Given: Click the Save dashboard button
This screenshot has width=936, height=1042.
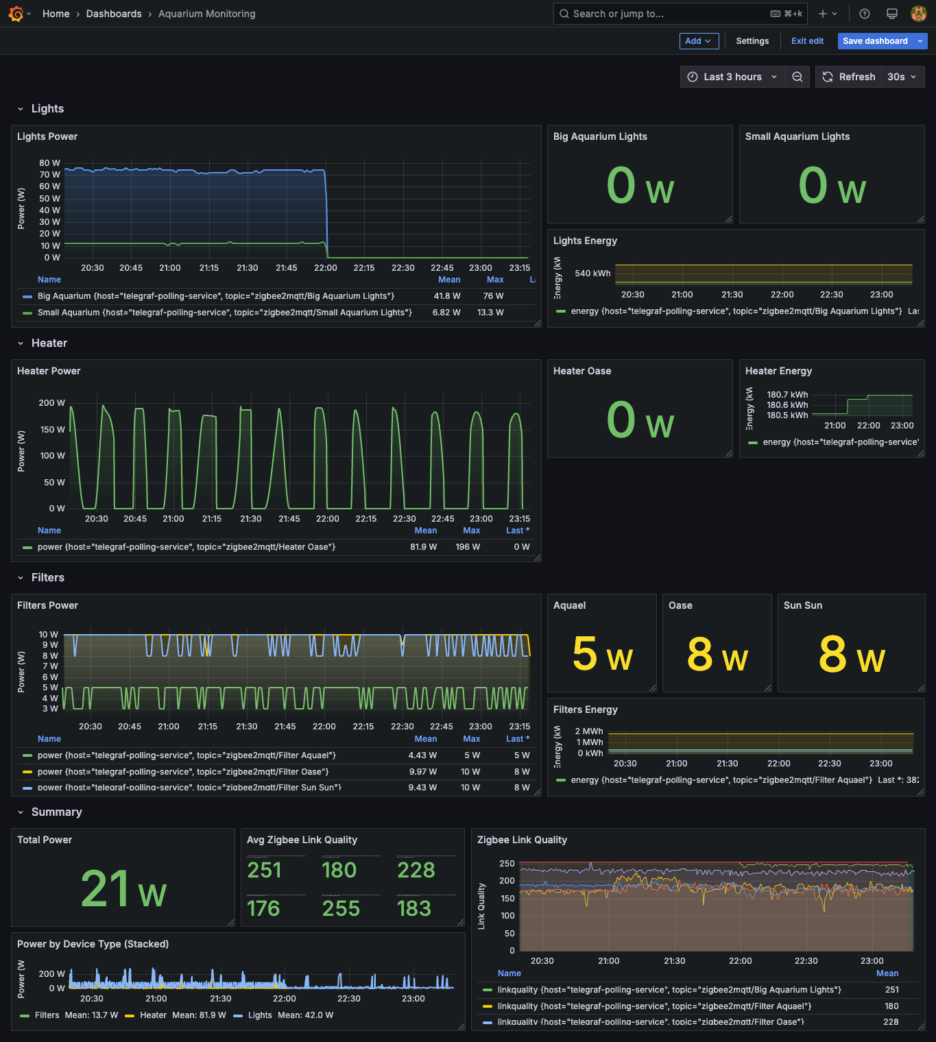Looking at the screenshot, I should (874, 41).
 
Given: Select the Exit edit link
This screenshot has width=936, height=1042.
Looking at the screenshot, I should (807, 41).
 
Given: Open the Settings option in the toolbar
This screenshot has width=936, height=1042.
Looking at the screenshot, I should (752, 41).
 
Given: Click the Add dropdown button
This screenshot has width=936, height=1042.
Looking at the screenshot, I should (699, 41).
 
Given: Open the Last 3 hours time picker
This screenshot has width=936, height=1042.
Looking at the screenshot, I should (733, 77).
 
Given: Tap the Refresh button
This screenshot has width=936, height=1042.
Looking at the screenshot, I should (849, 77).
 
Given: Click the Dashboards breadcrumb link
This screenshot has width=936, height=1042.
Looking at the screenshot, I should (114, 14).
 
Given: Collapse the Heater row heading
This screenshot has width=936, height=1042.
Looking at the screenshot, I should (49, 343).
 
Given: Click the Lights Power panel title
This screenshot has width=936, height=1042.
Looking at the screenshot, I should (47, 136).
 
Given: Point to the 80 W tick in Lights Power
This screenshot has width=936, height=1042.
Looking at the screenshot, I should (49, 163).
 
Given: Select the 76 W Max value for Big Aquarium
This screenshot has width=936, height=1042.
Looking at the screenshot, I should (493, 296).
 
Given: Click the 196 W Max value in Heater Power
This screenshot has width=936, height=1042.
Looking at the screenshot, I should (468, 547).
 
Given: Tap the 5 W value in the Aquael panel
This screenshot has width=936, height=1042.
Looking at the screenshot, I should (602, 654).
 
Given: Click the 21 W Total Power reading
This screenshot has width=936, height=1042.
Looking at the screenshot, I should (123, 890).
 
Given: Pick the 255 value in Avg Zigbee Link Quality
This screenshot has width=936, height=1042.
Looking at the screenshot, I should (341, 908).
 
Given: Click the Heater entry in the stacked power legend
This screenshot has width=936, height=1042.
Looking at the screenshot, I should (153, 1015).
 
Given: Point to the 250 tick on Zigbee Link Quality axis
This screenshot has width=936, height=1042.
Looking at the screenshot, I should (507, 864).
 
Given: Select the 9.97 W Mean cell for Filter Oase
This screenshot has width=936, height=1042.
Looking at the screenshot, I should (422, 772).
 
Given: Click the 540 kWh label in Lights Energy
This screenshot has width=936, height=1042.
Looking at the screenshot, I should (592, 274).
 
